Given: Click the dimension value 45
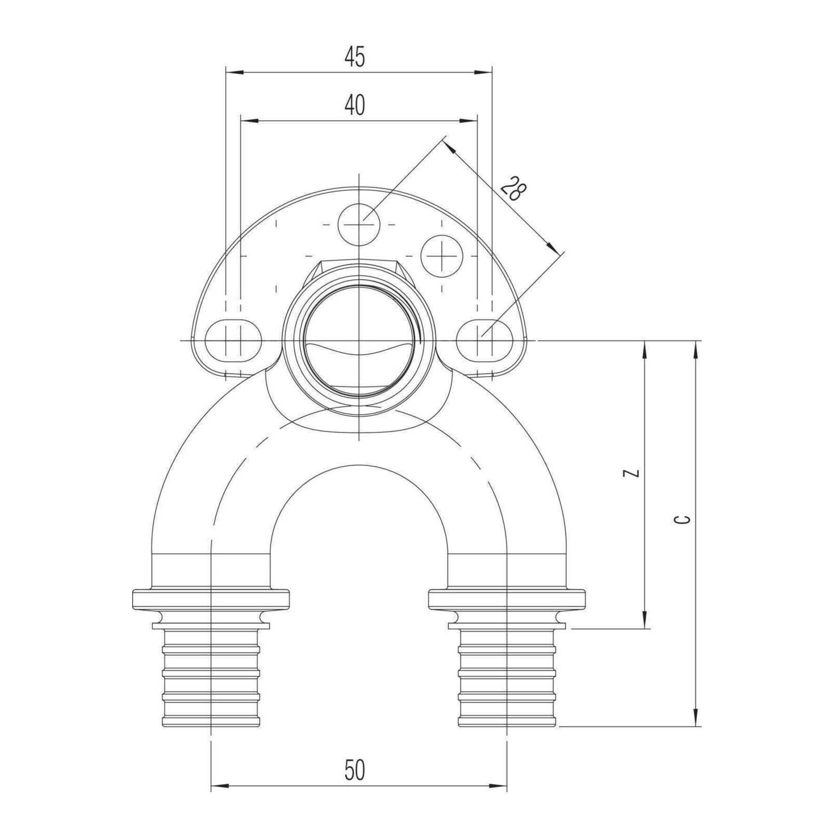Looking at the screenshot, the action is (x=354, y=57).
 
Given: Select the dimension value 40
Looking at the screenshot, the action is (x=354, y=105).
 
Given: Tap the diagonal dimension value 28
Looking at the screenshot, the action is (x=513, y=189).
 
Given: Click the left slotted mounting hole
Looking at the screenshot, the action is (x=233, y=338).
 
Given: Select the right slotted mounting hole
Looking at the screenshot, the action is (x=485, y=338).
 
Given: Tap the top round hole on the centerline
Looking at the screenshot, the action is (x=359, y=225).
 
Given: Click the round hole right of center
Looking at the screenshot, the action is (x=441, y=256).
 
